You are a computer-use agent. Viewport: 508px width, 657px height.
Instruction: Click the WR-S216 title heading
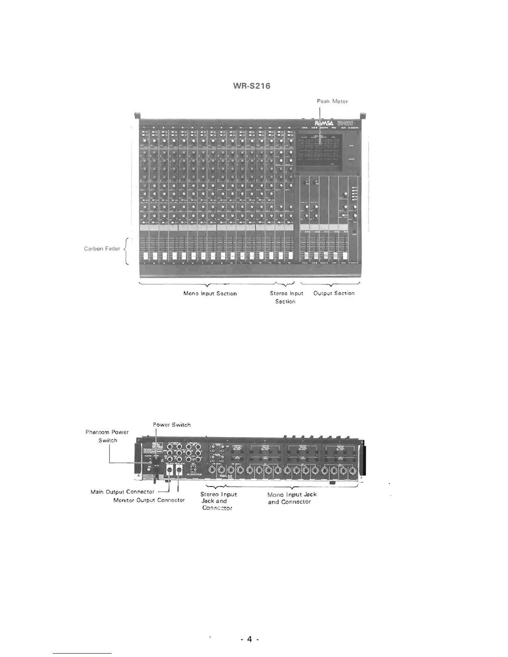point(251,86)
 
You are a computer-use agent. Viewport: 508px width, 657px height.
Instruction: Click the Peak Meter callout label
point(332,101)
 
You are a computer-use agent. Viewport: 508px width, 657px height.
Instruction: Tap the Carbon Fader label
point(102,249)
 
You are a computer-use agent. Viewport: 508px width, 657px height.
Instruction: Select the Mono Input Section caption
point(210,293)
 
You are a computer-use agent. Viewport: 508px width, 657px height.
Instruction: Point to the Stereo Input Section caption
point(286,297)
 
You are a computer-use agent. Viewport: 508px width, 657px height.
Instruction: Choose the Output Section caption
point(334,293)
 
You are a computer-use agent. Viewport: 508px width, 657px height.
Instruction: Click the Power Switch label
point(171,425)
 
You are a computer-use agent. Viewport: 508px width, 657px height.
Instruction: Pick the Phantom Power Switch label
point(107,436)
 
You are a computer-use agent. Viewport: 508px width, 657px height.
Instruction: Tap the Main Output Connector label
point(122,492)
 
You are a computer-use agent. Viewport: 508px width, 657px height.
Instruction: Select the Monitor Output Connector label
point(149,500)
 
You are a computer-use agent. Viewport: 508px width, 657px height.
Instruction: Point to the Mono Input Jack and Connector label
point(292,498)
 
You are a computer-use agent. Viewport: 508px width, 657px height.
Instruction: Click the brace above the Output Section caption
point(330,284)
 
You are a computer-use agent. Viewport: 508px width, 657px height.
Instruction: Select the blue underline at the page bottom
point(83,653)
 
